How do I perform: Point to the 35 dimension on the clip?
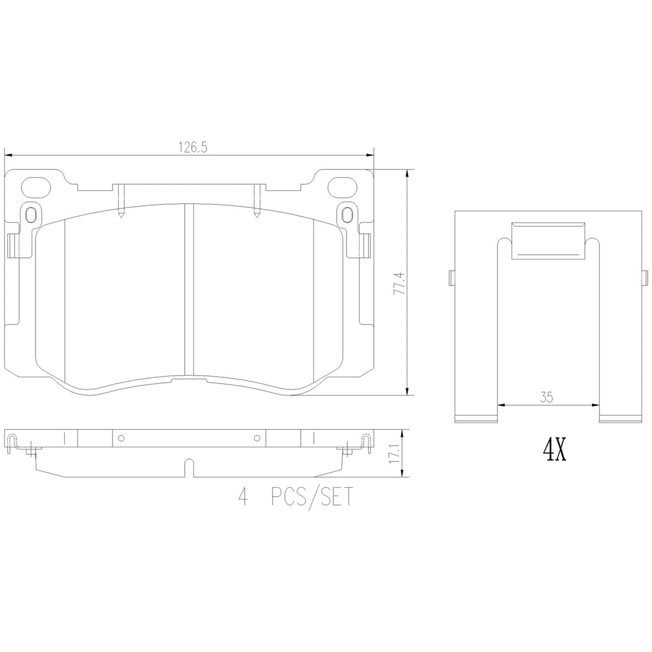click(547, 397)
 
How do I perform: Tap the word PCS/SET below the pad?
click(311, 497)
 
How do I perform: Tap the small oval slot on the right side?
click(347, 214)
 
